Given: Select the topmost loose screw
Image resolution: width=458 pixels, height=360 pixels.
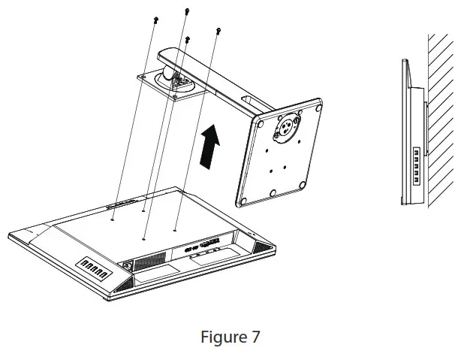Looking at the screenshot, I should [186, 11].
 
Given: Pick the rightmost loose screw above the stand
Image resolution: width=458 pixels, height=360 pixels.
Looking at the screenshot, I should [218, 31].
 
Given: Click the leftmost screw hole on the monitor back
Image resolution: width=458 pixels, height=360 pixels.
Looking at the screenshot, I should [112, 219].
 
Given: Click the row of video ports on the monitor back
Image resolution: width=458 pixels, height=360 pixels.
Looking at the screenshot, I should [202, 246].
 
